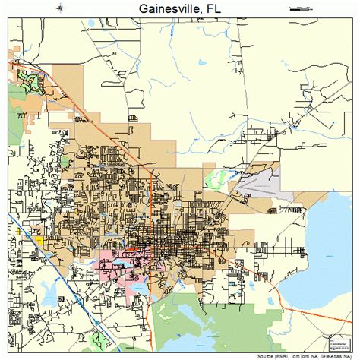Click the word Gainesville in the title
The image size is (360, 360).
(164, 10)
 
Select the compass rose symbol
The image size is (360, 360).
(58, 9)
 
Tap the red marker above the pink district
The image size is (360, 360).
(132, 247)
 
